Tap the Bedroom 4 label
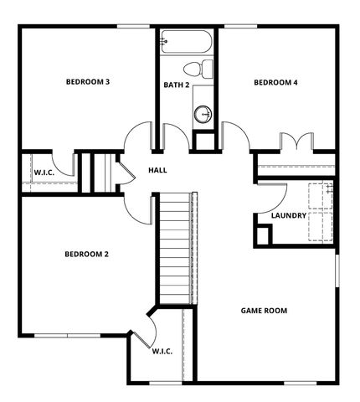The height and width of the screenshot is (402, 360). coord(275,82)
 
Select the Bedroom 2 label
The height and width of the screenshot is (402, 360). coord(86,254)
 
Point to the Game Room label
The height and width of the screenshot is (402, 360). coord(264,310)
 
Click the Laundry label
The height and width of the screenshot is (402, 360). coord(288,216)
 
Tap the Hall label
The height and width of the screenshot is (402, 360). coord(157,170)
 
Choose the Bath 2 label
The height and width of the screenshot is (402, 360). coord(176,85)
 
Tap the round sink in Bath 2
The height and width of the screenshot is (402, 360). coord(203,114)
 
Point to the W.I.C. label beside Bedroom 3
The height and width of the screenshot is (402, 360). coord(44,173)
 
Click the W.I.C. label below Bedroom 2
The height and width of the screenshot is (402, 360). coord(162,351)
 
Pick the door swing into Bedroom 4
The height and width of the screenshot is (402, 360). coord(236,137)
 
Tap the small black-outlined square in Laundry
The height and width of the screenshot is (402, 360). coord(264,235)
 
